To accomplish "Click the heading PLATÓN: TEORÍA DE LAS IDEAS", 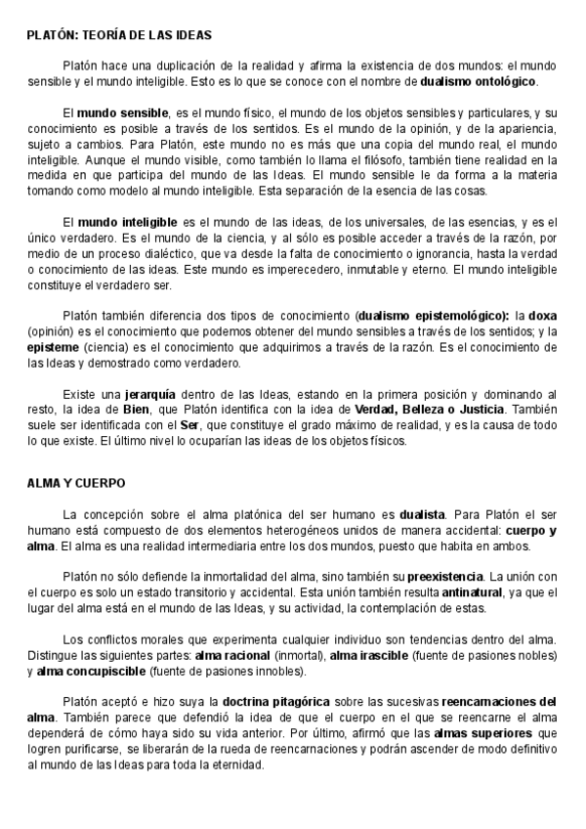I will (x=120, y=35).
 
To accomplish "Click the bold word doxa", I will (x=541, y=317).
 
